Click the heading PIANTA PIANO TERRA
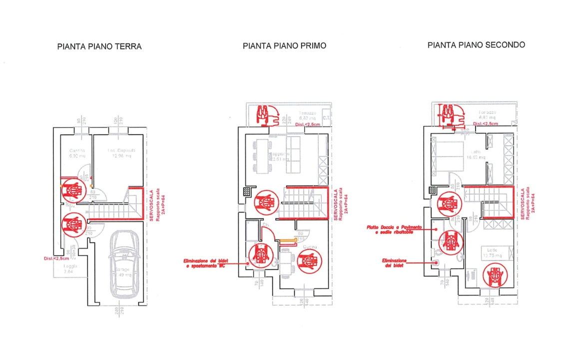99,46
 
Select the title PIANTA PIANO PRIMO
284,45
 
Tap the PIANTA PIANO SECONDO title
476,44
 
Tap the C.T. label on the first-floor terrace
326,118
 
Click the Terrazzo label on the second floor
488,112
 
